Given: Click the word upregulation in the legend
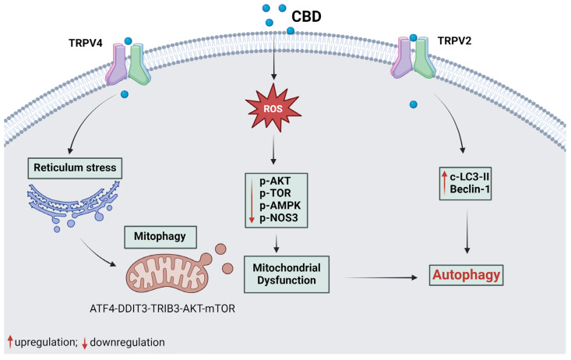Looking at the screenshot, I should tap(50, 342).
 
